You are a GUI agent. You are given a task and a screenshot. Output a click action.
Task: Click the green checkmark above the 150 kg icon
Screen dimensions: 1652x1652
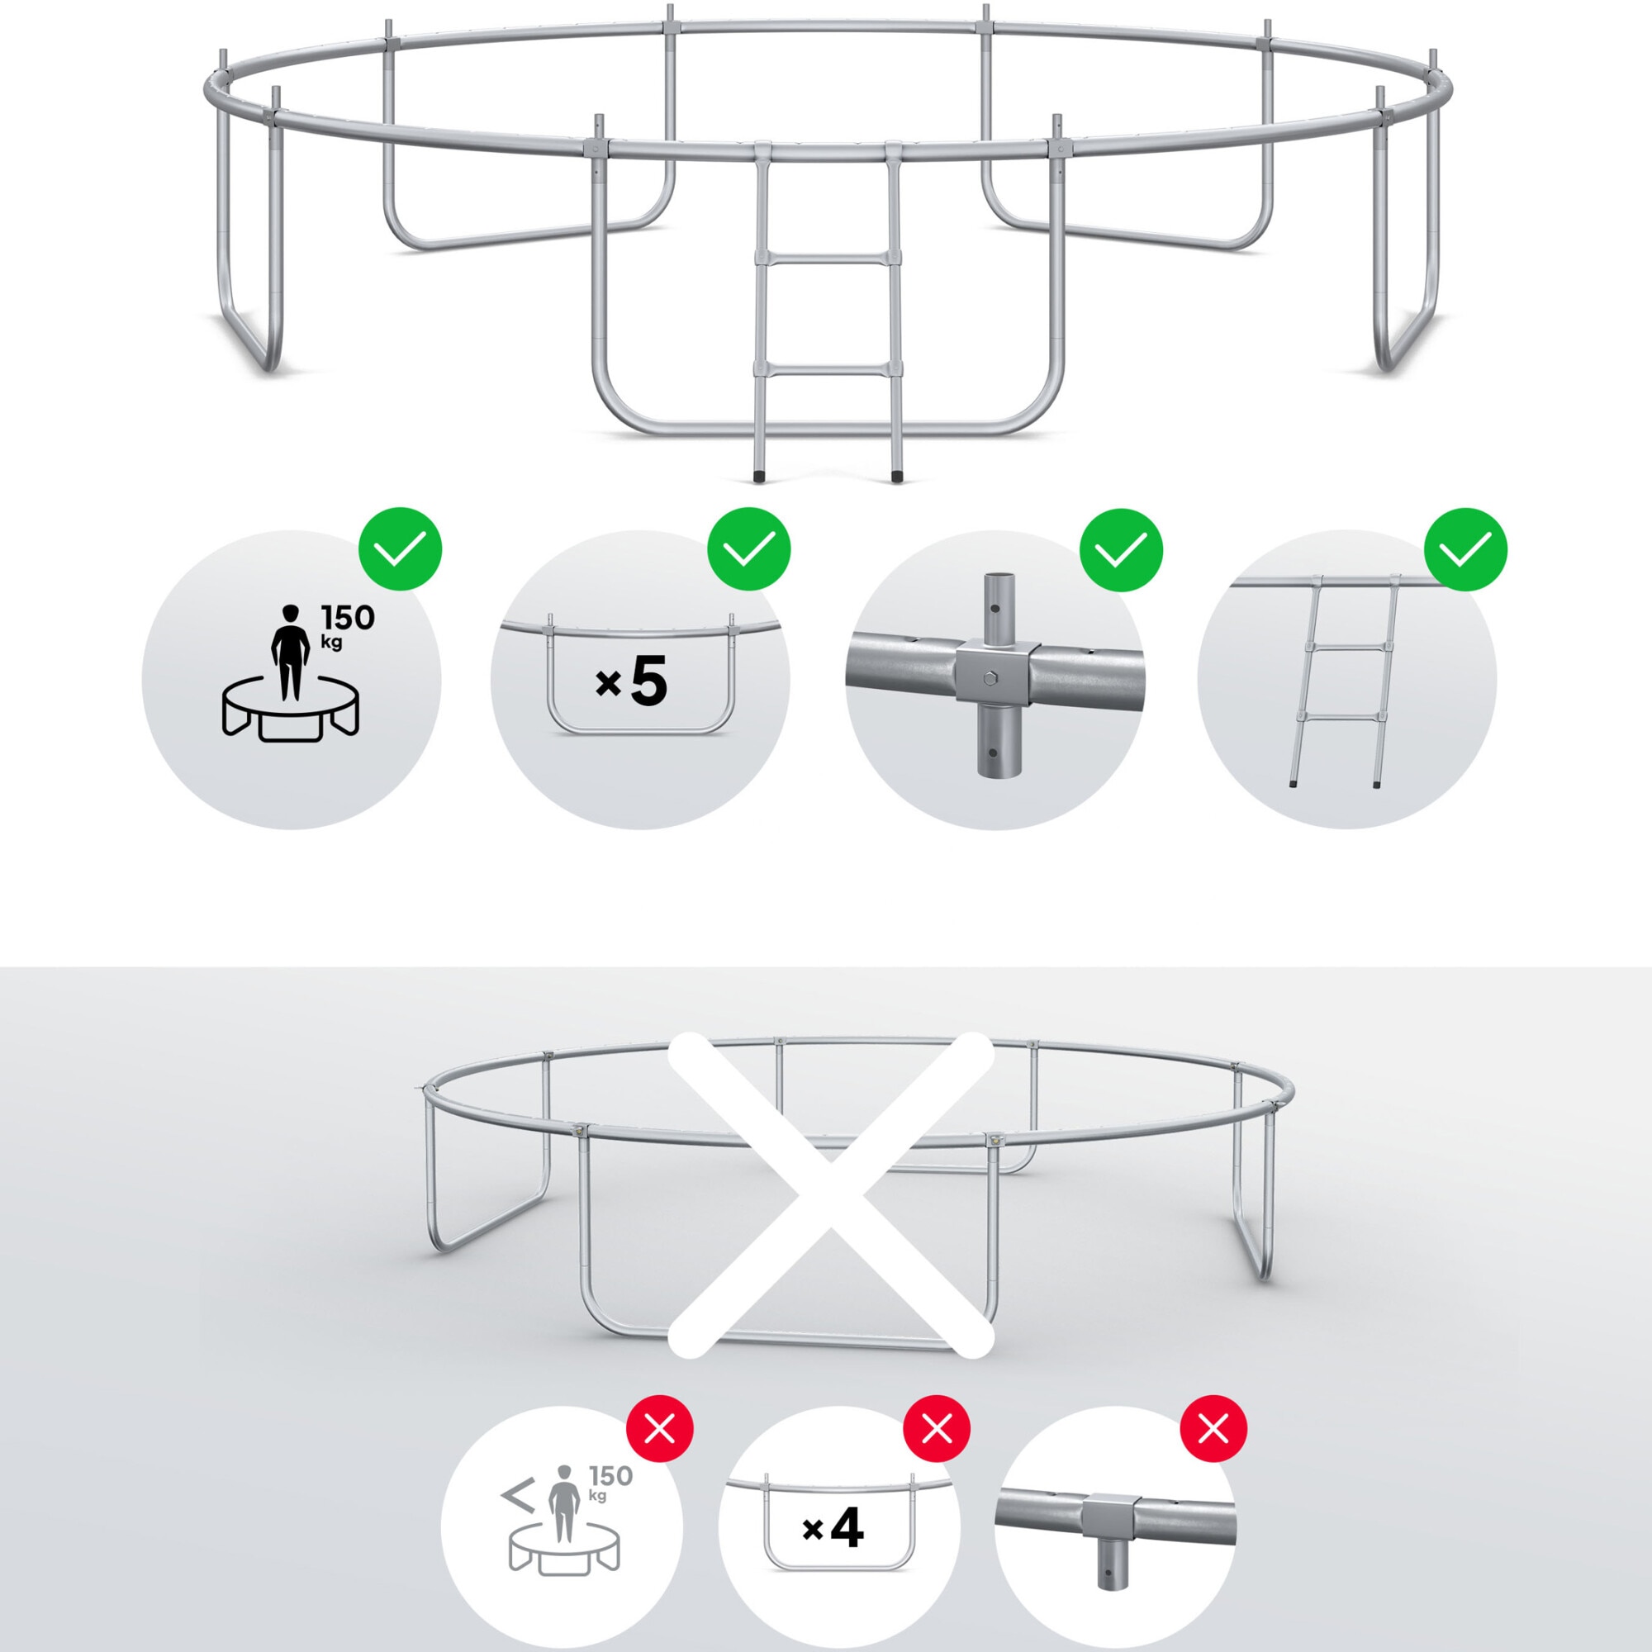(400, 548)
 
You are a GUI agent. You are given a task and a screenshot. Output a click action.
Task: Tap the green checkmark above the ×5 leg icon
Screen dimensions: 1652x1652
(749, 548)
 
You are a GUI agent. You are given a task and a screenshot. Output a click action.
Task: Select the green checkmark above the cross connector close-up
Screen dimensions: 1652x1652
(1121, 550)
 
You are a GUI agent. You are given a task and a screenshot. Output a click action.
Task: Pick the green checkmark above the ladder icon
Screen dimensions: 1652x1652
(1465, 549)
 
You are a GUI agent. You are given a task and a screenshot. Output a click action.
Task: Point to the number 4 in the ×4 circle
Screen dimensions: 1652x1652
(847, 1527)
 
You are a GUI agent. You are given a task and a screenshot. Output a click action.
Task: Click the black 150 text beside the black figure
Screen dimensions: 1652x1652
(347, 617)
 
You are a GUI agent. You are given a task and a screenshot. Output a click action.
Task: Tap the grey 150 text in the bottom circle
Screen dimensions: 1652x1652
(610, 1476)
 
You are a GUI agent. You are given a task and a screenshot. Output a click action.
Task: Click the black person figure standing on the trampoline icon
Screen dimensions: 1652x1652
(290, 652)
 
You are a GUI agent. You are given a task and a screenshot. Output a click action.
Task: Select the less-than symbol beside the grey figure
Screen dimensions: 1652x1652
(517, 1496)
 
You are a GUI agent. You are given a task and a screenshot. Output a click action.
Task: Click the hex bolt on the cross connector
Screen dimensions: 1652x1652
(992, 680)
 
